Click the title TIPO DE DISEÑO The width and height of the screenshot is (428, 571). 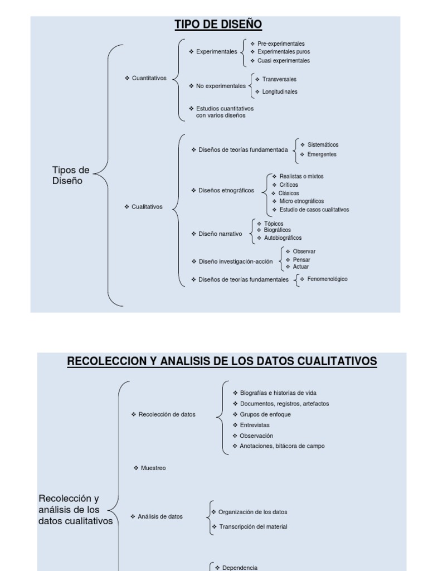coord(218,25)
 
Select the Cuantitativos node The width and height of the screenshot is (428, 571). coord(149,78)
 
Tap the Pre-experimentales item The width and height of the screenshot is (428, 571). coord(281,43)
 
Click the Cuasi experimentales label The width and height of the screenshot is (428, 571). coord(284,60)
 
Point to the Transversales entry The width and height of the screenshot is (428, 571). coord(279,79)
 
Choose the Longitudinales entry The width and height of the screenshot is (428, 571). coord(280,91)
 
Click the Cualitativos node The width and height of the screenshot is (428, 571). coord(147,207)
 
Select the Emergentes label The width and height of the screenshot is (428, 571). coord(322,154)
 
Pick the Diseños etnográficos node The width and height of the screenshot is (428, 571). coord(226,190)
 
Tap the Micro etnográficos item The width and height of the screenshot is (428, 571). coord(301,201)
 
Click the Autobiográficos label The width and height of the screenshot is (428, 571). coord(283,238)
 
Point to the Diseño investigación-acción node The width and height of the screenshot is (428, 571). coord(235,261)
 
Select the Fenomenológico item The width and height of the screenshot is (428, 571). coord(327,279)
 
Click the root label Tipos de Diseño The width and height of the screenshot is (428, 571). coord(71,175)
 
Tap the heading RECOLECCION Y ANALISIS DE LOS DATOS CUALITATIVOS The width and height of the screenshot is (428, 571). coord(222,361)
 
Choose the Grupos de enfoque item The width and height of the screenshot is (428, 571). coord(265,414)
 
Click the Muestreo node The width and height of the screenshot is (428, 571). coord(153,468)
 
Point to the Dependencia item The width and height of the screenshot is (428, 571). coord(240,568)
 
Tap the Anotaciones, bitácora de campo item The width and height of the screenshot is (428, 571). coord(282,446)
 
